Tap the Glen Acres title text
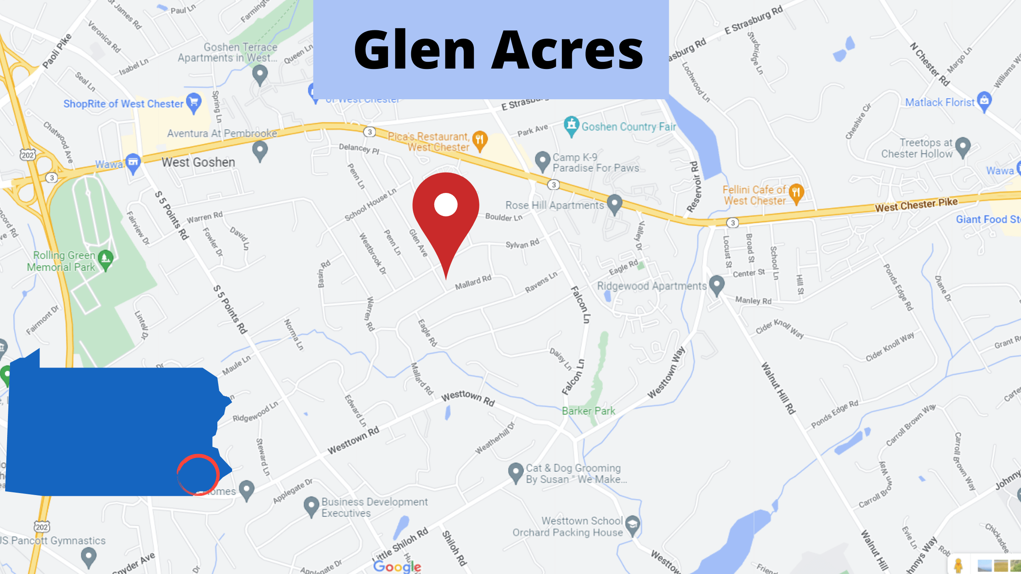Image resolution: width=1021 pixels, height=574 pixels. [498, 50]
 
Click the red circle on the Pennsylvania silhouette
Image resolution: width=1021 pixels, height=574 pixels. [198, 474]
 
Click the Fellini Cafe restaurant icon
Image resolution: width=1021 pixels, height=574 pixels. [796, 193]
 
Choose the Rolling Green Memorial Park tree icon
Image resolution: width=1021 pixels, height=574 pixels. [105, 259]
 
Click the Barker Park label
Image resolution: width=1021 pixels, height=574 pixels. [588, 411]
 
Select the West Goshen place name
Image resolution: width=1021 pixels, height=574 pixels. [198, 162]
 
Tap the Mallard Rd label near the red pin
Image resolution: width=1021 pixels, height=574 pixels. [473, 282]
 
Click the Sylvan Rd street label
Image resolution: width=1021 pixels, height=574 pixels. [522, 244]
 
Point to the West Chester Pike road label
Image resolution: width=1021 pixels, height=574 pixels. [916, 205]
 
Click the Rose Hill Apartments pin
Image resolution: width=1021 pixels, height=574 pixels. [614, 203]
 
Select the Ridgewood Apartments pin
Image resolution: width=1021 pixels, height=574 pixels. [717, 285]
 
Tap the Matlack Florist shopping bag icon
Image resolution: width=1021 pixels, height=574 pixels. [984, 101]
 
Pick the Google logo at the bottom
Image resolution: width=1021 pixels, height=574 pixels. [397, 566]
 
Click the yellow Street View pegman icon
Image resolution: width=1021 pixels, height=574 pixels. [958, 565]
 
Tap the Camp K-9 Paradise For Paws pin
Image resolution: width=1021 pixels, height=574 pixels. [542, 160]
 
